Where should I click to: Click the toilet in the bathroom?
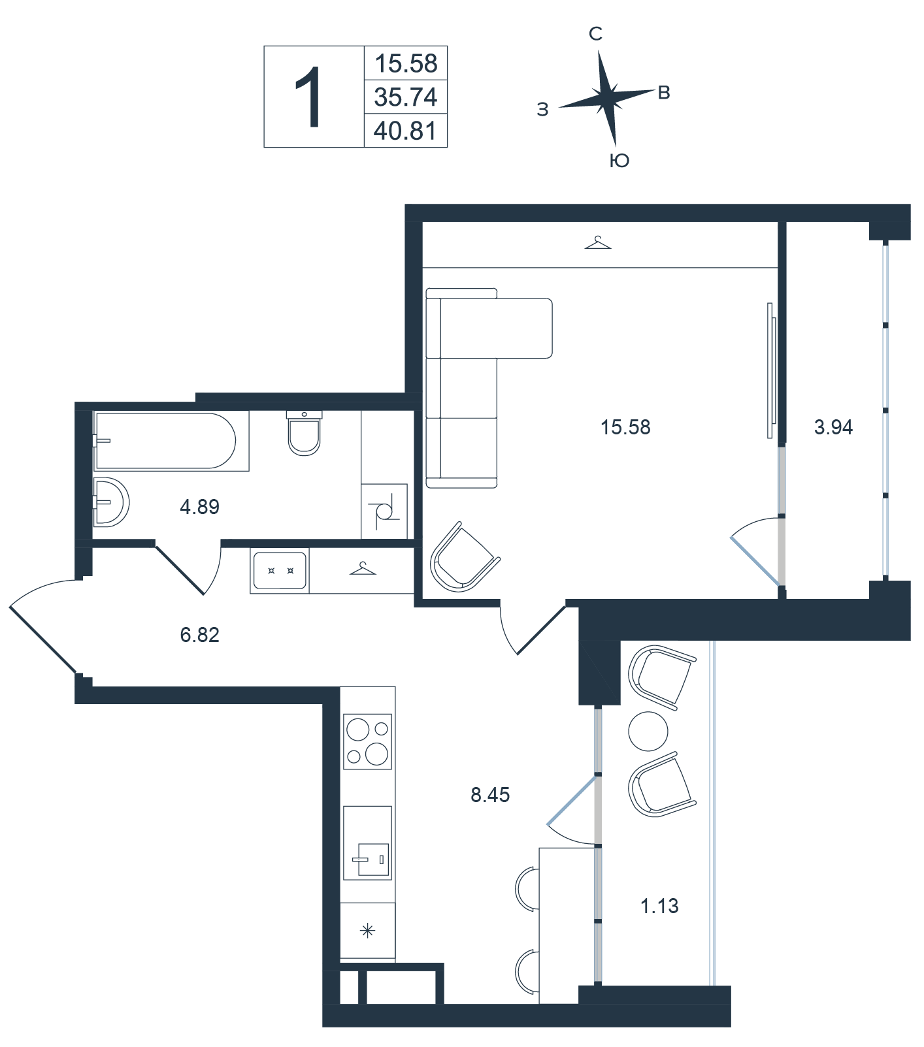click(305, 432)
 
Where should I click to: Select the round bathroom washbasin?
click(111, 502)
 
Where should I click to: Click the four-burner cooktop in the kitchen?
click(367, 741)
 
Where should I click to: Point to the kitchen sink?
click(367, 843)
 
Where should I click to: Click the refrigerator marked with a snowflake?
click(367, 931)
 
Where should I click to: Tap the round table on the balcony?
click(648, 732)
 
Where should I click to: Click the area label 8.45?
click(490, 795)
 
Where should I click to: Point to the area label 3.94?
click(834, 427)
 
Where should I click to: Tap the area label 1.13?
click(659, 906)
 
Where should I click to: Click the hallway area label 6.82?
click(200, 634)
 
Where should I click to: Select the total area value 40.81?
click(405, 131)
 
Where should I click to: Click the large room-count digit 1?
click(308, 97)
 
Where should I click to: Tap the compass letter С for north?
click(595, 34)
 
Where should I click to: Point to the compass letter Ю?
click(619, 161)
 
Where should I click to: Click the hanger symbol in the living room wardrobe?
click(598, 243)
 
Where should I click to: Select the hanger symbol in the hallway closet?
click(363, 568)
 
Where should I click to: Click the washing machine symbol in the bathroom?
click(384, 511)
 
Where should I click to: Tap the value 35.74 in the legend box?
click(405, 97)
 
